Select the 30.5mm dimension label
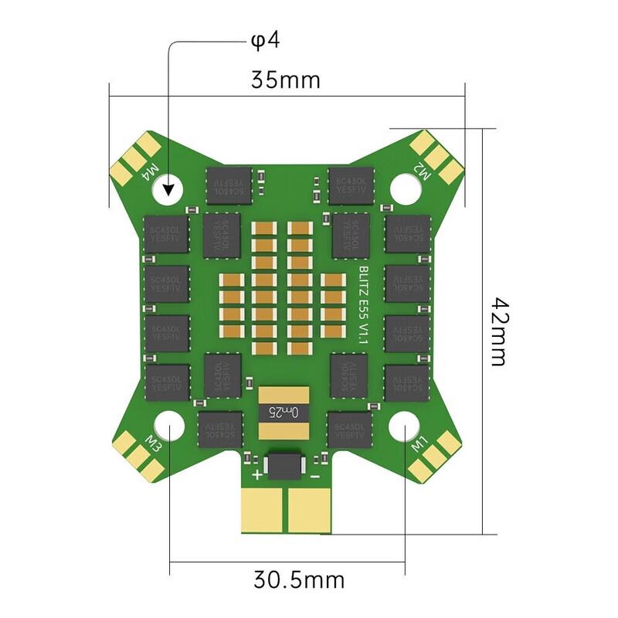click(298, 579)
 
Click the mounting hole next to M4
click(169, 187)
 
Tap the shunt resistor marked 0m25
click(285, 407)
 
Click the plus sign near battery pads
click(256, 476)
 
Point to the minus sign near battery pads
click(314, 476)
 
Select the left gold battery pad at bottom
click(264, 509)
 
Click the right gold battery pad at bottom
click(310, 509)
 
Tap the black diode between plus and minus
click(285, 464)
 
